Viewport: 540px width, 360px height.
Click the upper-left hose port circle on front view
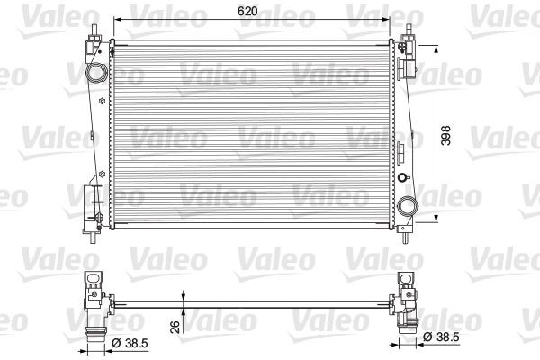95,72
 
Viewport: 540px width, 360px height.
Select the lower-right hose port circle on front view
409,205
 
